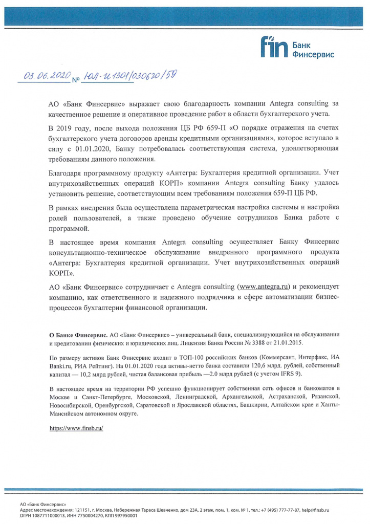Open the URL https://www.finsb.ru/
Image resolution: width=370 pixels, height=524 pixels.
pos(76,428)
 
